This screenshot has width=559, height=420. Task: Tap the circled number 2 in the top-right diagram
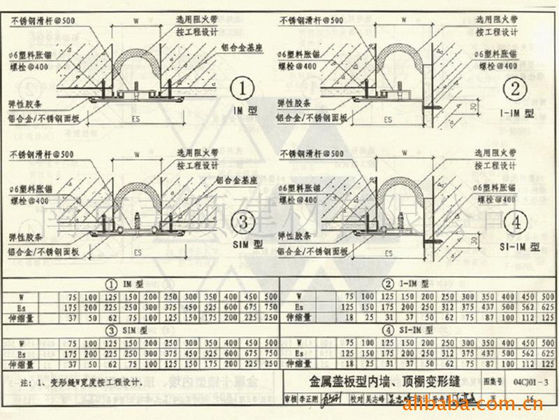point(516,89)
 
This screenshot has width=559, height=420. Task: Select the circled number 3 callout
point(242,223)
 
